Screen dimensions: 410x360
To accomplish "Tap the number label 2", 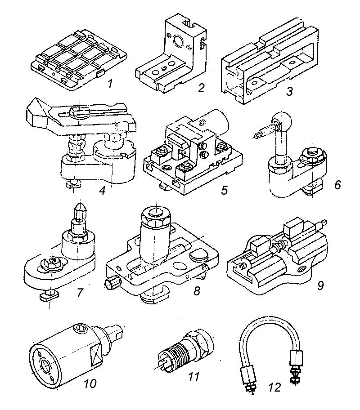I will tap(201, 87).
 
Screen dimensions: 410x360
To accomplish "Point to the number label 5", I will tap(224, 190).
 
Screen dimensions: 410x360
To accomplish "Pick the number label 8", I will tap(196, 290).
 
